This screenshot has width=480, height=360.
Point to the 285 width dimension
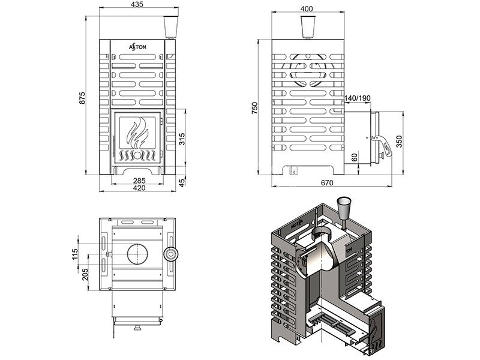tap(139, 180)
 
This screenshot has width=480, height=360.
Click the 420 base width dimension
tap(139, 188)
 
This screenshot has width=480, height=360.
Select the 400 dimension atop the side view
tap(307, 9)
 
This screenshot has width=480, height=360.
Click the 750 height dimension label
tap(254, 108)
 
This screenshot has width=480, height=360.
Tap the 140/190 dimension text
tap(358, 98)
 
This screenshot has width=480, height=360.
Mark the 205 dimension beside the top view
tap(84, 274)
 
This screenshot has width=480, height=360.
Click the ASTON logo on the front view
tap(137, 46)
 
